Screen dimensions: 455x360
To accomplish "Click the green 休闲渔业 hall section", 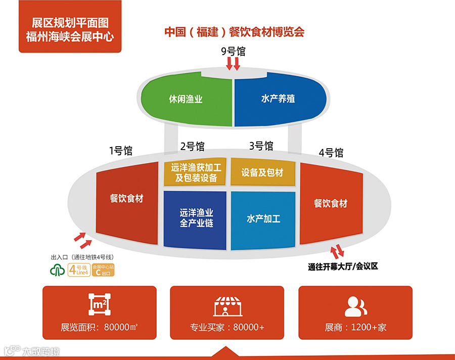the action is (x=186, y=99).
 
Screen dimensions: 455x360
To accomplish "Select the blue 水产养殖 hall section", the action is (x=278, y=99).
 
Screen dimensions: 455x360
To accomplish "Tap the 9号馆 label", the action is (x=233, y=51).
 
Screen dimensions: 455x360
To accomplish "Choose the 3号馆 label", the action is (x=261, y=146).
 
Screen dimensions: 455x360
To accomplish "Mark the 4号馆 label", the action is (x=331, y=152).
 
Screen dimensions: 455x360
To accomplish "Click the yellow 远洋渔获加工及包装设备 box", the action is (x=195, y=173).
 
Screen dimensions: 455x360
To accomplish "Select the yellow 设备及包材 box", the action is (x=262, y=173).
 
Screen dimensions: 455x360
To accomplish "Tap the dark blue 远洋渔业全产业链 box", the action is (x=195, y=218).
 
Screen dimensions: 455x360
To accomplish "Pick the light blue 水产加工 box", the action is (x=263, y=219).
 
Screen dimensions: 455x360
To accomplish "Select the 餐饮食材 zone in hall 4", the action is (x=331, y=204).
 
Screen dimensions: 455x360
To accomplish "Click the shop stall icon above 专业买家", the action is (x=227, y=306).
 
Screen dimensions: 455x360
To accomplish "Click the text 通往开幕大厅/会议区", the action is (x=343, y=266).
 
